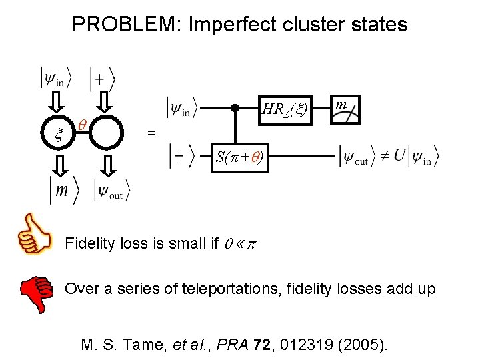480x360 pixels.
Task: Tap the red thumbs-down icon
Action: (x=36, y=294)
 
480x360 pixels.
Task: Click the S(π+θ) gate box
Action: (x=239, y=158)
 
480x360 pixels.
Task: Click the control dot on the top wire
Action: (x=235, y=107)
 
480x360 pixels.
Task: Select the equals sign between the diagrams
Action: (x=151, y=133)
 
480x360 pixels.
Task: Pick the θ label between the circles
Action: (x=81, y=124)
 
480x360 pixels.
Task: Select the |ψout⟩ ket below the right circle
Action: (x=112, y=191)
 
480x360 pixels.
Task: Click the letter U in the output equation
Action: (x=399, y=156)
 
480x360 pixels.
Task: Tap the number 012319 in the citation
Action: (x=311, y=345)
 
